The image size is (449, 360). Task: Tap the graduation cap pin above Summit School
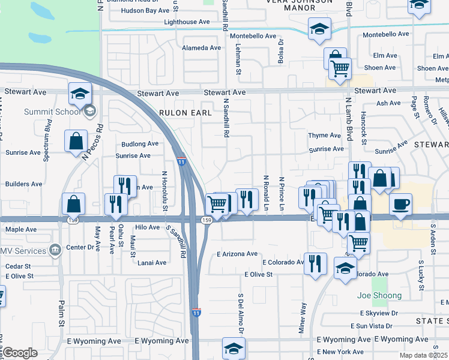click(x=80, y=93)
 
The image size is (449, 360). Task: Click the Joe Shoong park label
click(x=379, y=295)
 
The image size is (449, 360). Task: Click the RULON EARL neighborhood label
click(x=185, y=112)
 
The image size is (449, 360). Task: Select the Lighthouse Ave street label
click(x=187, y=22)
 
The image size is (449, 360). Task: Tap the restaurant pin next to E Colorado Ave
click(x=315, y=263)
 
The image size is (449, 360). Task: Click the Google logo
click(x=19, y=353)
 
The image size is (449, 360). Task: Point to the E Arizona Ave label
click(x=238, y=254)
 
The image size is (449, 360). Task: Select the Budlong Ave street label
click(x=140, y=144)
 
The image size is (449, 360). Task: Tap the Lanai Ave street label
click(x=152, y=263)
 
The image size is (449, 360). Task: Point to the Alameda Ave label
click(x=202, y=47)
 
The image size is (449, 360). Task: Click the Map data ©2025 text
click(x=425, y=355)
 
